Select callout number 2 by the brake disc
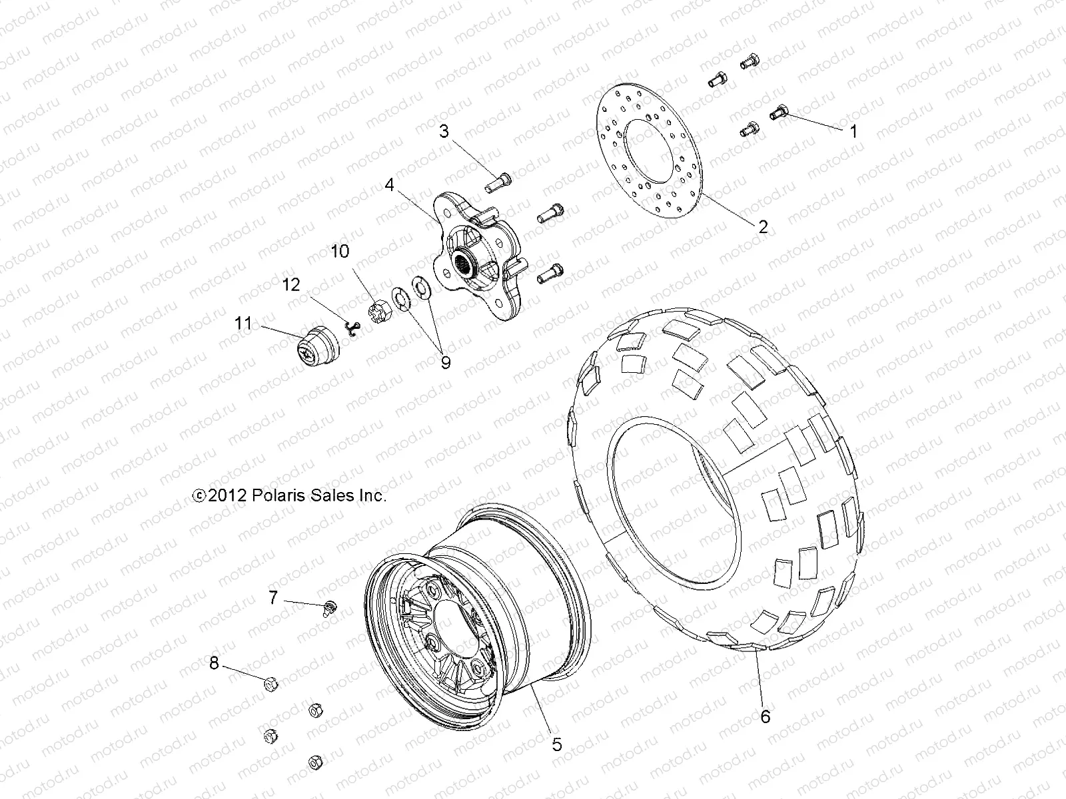click(763, 226)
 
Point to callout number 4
click(389, 184)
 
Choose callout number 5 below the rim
click(557, 744)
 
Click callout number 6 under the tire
click(766, 716)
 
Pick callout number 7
click(273, 597)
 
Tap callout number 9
click(445, 362)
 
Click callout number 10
click(340, 252)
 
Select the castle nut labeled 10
click(378, 310)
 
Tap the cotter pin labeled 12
click(353, 326)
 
